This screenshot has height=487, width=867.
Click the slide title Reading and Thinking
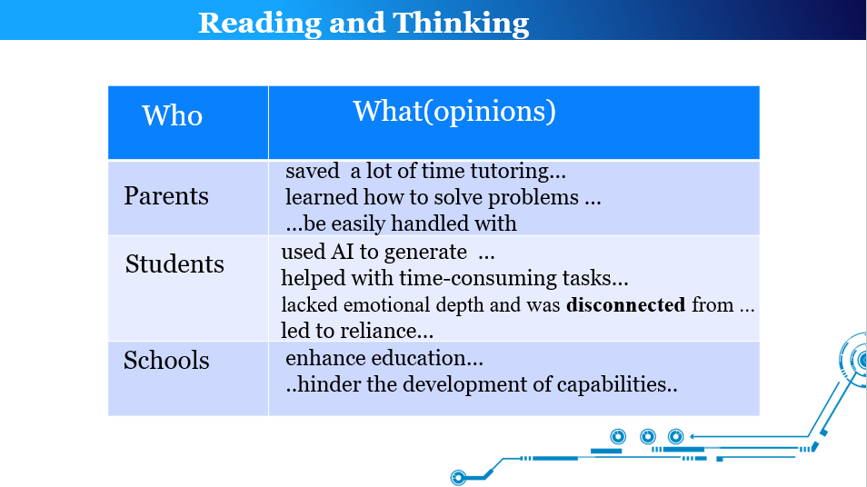pyautogui.click(x=364, y=24)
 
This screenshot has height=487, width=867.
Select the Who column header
pyautogui.click(x=173, y=115)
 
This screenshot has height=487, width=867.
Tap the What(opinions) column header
pyautogui.click(x=454, y=111)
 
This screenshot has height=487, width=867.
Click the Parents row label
pyautogui.click(x=166, y=195)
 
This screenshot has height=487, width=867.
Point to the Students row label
pyautogui.click(x=174, y=263)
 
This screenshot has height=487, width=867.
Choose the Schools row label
pyautogui.click(x=166, y=360)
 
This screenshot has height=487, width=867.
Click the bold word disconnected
pyautogui.click(x=626, y=304)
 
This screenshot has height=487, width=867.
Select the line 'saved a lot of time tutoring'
pyautogui.click(x=425, y=171)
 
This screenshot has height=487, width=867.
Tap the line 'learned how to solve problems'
pyautogui.click(x=443, y=197)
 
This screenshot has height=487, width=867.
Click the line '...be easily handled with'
pyautogui.click(x=402, y=224)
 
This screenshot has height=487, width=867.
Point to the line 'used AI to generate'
pyautogui.click(x=388, y=252)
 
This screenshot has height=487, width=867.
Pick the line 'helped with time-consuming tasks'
pyautogui.click(x=454, y=278)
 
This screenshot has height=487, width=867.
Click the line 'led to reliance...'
pyautogui.click(x=357, y=331)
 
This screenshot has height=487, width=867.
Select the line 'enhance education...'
pyautogui.click(x=384, y=358)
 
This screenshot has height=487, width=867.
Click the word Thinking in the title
pyautogui.click(x=461, y=24)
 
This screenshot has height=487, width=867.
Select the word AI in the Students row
pyautogui.click(x=343, y=252)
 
